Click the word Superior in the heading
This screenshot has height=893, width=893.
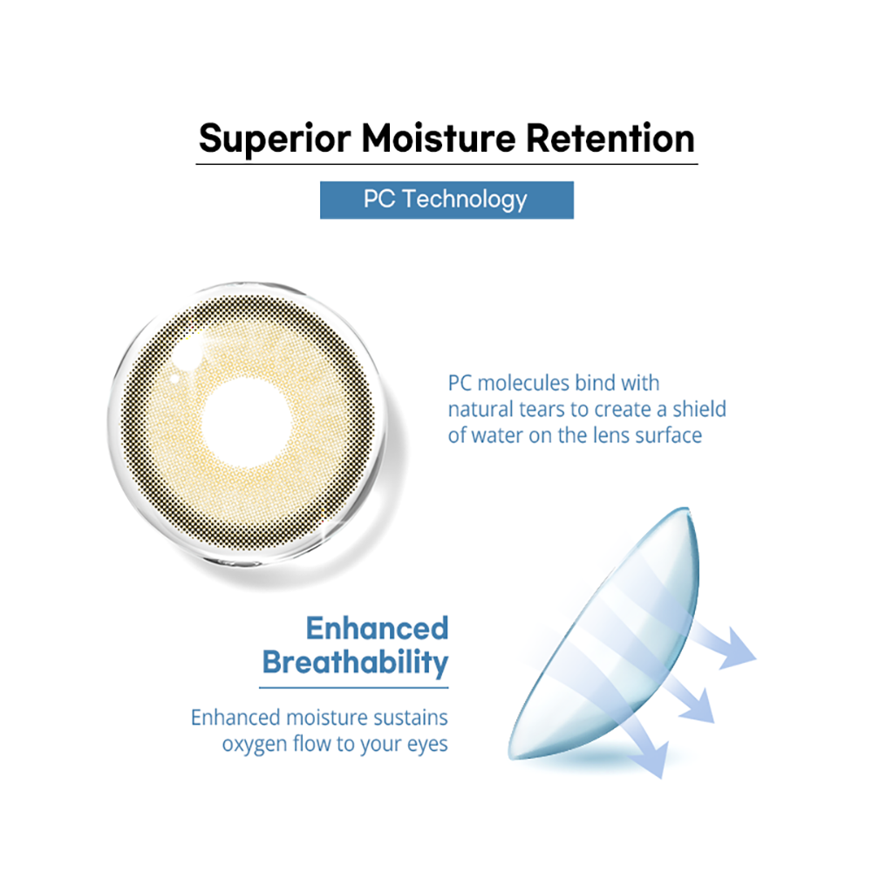click(275, 139)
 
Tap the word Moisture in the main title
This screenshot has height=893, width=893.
click(438, 139)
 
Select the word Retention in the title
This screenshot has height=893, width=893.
click(610, 139)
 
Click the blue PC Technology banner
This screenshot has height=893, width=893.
click(446, 200)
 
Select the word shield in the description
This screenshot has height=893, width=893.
click(699, 409)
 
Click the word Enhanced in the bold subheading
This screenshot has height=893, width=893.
click(377, 629)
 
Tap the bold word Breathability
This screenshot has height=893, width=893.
click(356, 663)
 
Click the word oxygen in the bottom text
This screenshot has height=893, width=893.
click(254, 745)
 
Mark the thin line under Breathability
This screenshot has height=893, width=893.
click(354, 688)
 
